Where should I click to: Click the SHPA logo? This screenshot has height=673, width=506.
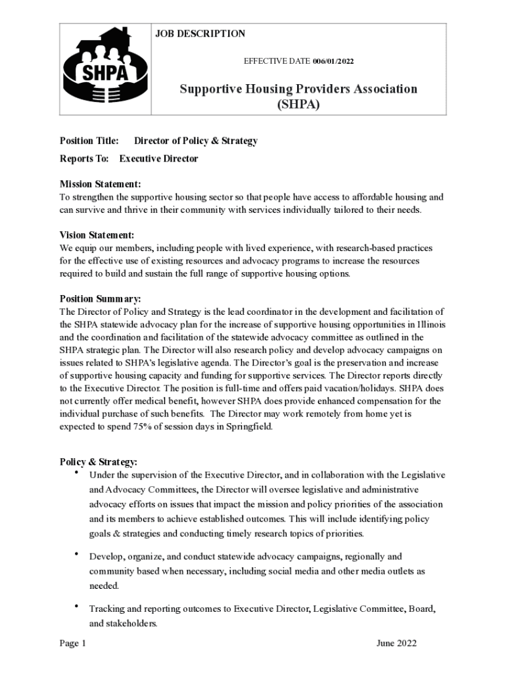105,69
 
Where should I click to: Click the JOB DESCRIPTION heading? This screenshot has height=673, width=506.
200,34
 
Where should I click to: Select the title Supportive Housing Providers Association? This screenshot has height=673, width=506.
299,89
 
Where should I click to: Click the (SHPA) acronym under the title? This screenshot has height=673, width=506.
299,104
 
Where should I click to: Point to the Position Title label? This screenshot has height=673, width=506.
89,141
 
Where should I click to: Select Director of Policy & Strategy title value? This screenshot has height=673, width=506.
196,141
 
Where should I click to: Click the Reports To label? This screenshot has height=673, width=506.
84,158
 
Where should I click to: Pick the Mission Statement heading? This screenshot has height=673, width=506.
100,184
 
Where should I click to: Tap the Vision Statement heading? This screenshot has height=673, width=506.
97,235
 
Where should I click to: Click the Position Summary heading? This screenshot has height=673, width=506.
100,298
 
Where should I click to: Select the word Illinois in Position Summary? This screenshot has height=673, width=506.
430,324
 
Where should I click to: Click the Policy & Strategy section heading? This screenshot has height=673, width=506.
99,462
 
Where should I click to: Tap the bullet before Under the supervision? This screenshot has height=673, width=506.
76,473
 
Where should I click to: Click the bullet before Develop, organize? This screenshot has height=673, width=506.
76,555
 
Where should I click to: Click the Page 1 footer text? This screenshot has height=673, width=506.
73,643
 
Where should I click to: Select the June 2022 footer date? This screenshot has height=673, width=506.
396,643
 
